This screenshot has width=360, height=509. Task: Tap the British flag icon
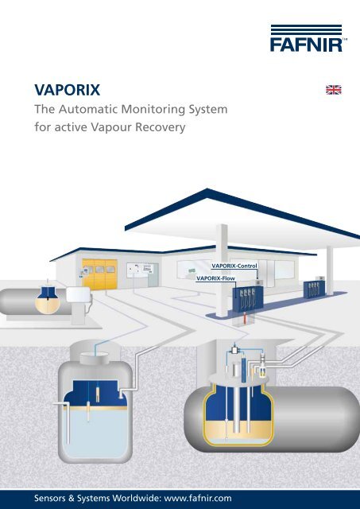point(334,90)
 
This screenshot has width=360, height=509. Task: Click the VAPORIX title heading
point(67,90)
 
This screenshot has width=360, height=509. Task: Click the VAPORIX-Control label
point(234,266)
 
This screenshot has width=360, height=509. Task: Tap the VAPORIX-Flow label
point(215,278)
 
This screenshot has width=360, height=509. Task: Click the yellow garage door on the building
point(99,274)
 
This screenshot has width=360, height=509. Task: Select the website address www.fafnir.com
point(198,499)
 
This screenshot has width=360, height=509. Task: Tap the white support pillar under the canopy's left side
point(222,270)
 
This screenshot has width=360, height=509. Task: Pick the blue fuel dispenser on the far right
point(314,289)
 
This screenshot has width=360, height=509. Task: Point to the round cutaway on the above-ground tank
point(48,301)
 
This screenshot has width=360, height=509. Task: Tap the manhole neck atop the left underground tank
point(95,359)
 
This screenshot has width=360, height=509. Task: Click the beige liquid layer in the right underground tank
point(238,429)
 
